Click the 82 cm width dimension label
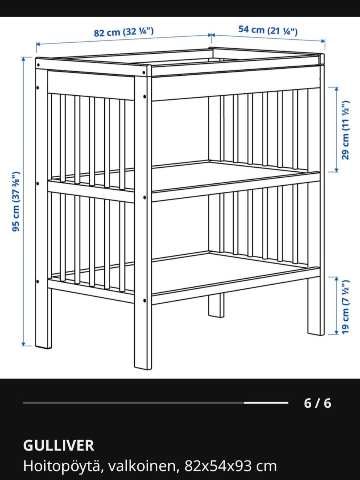pyautogui.click(x=124, y=32)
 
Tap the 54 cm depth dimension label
pyautogui.click(x=268, y=30)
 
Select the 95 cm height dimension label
pyautogui.click(x=16, y=201)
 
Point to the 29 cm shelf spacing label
pyautogui.click(x=345, y=130)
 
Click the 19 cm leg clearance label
pyautogui.click(x=345, y=307)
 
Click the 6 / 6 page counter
pyautogui.click(x=317, y=403)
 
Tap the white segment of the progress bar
pyautogui.click(x=266, y=403)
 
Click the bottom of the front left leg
pyautogui.click(x=43, y=347)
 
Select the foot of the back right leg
pyautogui.click(x=316, y=333)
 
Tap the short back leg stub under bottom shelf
pyautogui.click(x=216, y=306)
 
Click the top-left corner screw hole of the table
pyautogui.click(x=38, y=65)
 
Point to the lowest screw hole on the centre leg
pyautogui.click(x=144, y=301)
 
